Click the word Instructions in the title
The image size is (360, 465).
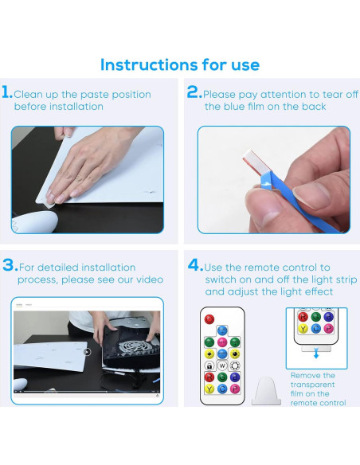(x=149, y=64)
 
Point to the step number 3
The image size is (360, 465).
(x=10, y=265)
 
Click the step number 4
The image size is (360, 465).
(x=195, y=265)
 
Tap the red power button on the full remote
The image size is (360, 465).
(x=209, y=319)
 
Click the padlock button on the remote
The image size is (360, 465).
(x=209, y=365)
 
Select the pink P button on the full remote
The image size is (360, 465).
(x=235, y=389)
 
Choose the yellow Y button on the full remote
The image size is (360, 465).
(x=209, y=389)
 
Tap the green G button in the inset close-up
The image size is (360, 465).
(x=316, y=317)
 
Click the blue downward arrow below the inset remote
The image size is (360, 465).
(x=316, y=354)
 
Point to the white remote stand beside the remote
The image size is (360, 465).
(x=266, y=391)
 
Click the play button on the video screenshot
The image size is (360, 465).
(x=87, y=352)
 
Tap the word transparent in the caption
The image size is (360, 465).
(x=312, y=385)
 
